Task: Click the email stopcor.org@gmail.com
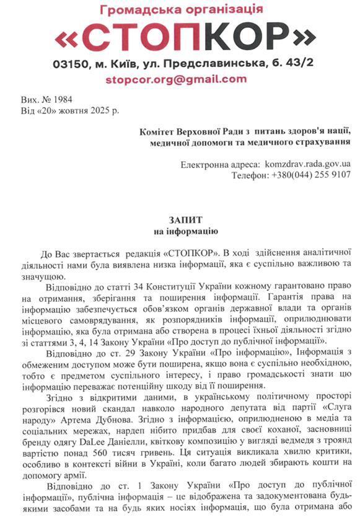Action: (x=176, y=79)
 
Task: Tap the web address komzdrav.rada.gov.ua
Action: (x=307, y=164)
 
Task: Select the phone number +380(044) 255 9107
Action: (x=311, y=175)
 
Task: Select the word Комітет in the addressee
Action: (x=158, y=131)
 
